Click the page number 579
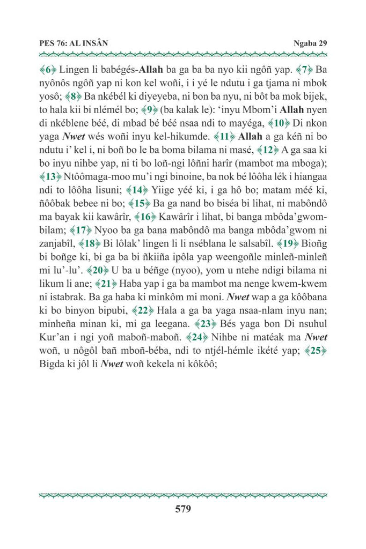click(x=183, y=509)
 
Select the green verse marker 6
click(x=48, y=70)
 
